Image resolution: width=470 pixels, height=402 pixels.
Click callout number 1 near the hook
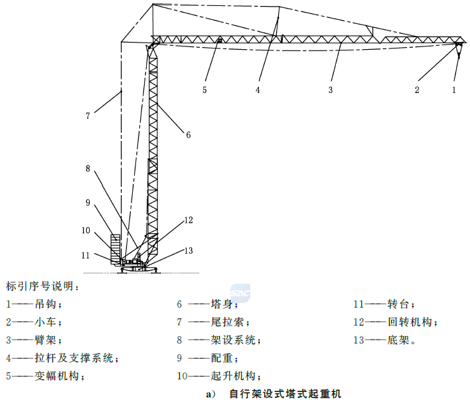point(454,90)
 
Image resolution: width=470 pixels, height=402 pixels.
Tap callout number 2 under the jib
point(417,90)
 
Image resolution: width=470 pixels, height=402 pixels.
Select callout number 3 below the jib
point(331,90)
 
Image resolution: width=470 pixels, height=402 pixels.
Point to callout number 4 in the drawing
point(258,90)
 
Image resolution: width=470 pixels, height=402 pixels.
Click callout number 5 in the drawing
point(204,90)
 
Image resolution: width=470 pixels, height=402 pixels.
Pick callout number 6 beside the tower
point(189,135)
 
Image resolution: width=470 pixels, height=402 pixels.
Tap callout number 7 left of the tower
point(88,116)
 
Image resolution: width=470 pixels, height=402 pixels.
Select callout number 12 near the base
point(189,220)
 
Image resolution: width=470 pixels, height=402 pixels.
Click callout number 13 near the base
point(189,251)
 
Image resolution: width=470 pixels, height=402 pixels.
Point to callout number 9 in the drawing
point(88,203)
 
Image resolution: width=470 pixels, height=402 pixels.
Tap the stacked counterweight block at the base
point(116,249)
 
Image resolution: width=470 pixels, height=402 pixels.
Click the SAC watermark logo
point(240,292)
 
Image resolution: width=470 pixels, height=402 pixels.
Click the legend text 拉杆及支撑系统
point(74,358)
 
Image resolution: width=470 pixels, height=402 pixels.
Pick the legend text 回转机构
point(410,322)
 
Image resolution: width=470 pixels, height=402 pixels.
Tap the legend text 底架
point(398,340)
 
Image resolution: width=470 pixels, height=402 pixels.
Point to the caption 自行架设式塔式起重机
point(285,394)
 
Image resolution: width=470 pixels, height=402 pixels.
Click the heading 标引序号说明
point(40,286)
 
